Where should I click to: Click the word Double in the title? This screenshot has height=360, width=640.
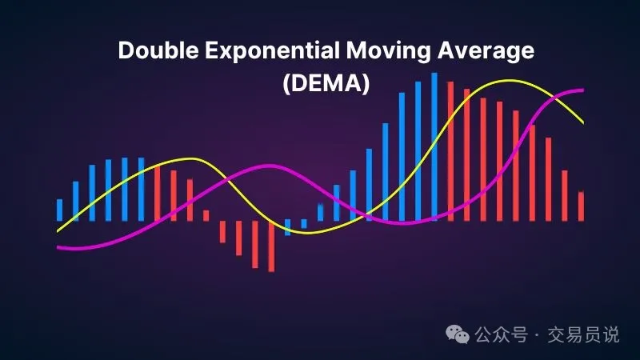coord(158,50)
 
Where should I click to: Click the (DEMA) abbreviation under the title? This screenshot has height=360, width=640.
coord(326,83)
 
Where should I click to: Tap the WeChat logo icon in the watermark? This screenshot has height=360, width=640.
coord(457,334)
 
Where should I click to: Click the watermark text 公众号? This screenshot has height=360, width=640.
coord(501,334)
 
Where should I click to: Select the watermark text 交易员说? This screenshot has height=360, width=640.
coord(583,334)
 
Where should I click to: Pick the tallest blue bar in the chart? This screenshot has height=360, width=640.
coord(434,147)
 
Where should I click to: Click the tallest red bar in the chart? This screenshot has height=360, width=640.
coord(450,151)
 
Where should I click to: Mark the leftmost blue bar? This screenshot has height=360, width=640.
coord(59,210)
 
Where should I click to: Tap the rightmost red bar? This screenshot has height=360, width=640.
coord(581,206)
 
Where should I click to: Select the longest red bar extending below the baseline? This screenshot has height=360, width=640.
coord(271,246)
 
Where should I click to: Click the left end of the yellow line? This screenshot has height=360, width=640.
coord(58,231)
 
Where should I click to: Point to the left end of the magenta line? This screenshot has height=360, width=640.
coord(58,247)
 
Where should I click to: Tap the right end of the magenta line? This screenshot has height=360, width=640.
coord(583,90)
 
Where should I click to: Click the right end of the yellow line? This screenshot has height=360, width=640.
coord(583,122)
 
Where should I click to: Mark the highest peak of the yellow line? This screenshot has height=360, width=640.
coord(508,81)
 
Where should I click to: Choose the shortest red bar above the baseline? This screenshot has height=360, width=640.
coord(206,215)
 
